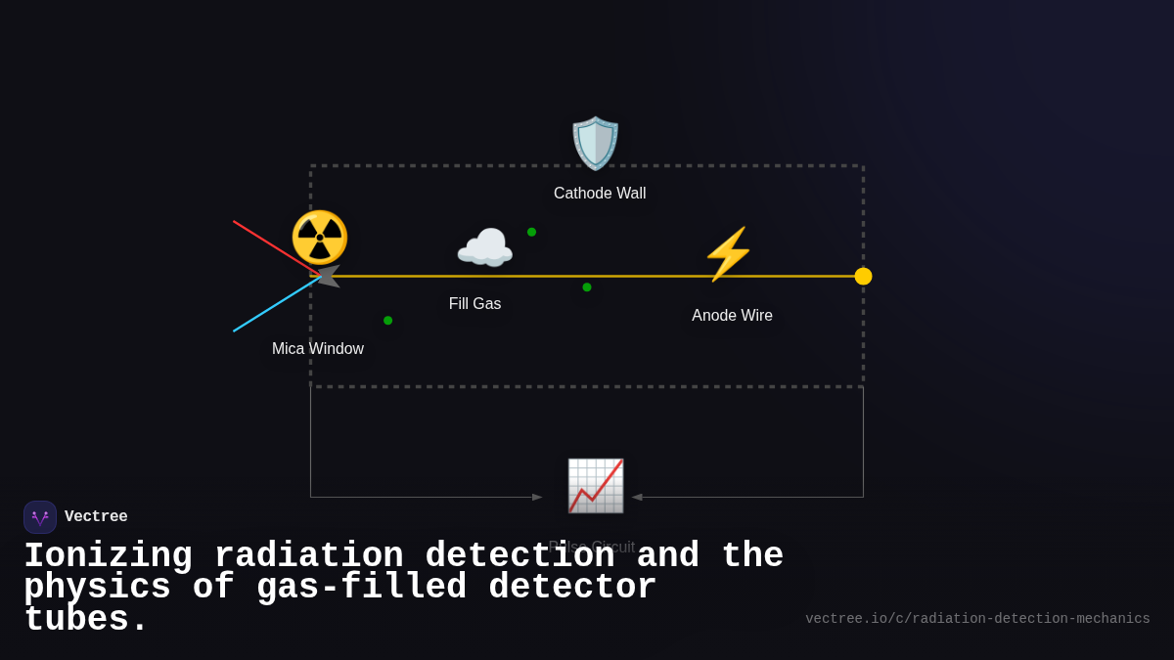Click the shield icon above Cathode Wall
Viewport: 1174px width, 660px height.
pos(596,144)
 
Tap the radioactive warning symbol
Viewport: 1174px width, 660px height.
pos(320,238)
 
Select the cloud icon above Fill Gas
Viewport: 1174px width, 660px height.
pos(484,249)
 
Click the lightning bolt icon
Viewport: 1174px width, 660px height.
pos(729,254)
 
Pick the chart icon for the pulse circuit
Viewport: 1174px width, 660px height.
pos(596,485)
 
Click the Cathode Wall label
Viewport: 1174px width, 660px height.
pos(600,194)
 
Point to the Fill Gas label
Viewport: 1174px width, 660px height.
pos(474,304)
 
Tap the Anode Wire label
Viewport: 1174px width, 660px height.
pos(732,316)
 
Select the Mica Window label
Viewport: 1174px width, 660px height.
pos(318,349)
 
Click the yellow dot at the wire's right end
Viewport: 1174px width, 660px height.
pos(863,277)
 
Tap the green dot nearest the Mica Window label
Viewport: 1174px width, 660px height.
pos(387,321)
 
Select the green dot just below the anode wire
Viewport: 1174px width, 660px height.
pos(587,287)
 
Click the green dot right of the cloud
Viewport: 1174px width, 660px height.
pos(531,233)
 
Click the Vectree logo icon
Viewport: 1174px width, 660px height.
pos(40,517)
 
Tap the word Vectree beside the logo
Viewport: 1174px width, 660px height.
pos(96,517)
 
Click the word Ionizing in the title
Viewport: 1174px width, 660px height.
pos(108,555)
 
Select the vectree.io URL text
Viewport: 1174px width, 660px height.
pos(977,619)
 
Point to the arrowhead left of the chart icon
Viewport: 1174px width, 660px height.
pos(536,497)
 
